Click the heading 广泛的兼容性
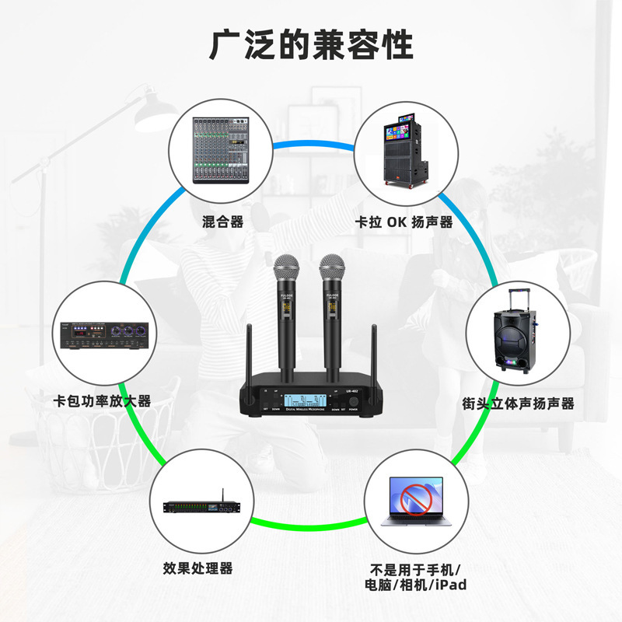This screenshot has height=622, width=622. tap(311, 44)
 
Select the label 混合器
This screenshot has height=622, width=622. tap(222, 222)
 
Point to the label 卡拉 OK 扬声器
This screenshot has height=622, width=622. tap(404, 222)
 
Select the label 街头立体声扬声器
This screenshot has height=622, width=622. tap(518, 404)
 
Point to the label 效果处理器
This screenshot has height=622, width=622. tap(198, 568)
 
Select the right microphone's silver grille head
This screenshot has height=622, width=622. tap(333, 269)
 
